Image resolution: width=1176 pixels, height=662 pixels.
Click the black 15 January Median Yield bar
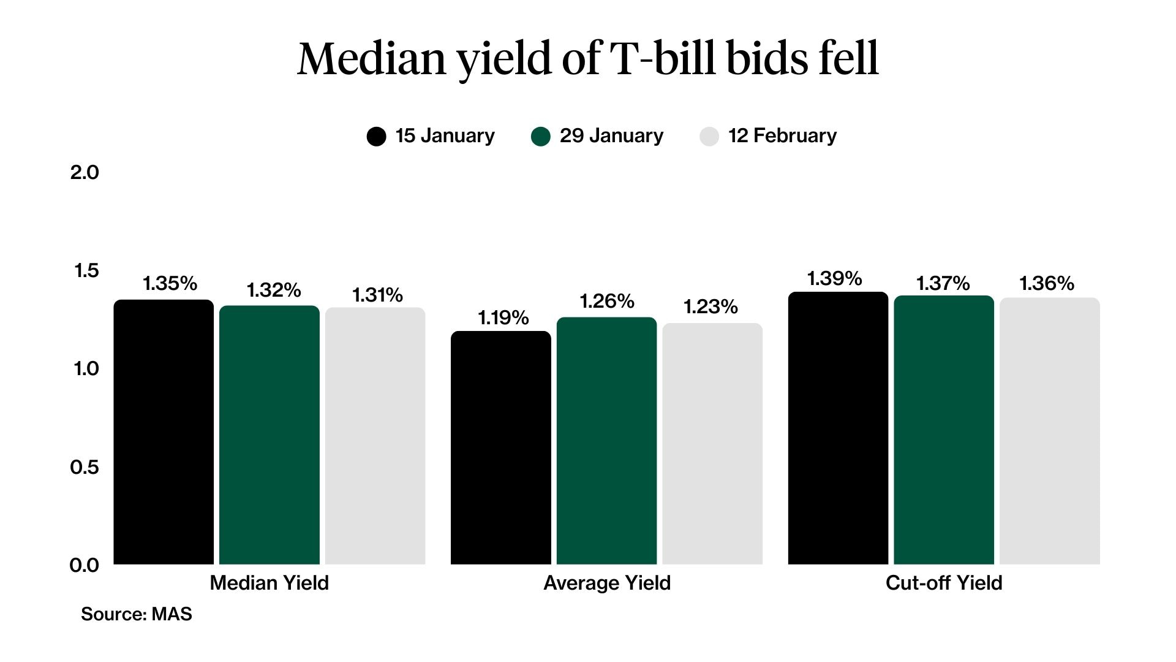164,432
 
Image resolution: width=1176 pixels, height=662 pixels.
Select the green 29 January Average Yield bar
606,441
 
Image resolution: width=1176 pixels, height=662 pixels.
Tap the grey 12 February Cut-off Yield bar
1049,431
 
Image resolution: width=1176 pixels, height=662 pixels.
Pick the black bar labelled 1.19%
500,447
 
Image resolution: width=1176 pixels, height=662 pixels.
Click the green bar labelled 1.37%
943,430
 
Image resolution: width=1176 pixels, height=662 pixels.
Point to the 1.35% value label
170,283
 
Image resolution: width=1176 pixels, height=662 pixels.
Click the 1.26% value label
606,301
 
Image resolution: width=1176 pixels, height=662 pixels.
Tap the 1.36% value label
1046,283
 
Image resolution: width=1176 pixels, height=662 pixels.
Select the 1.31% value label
377,295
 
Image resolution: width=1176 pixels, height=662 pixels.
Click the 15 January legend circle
376,136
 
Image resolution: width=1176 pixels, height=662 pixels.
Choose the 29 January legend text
611,135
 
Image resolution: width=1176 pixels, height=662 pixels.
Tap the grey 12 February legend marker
709,136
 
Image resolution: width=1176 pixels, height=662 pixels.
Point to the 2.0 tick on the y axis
84,172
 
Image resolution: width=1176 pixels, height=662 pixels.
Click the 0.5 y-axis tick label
84,467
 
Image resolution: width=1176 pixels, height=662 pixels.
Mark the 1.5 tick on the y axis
86,270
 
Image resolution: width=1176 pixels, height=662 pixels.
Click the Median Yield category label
269,582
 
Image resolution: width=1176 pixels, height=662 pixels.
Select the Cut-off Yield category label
943,582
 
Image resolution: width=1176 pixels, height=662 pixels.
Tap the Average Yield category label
606,582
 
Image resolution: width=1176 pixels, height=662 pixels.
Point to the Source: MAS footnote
136,614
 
